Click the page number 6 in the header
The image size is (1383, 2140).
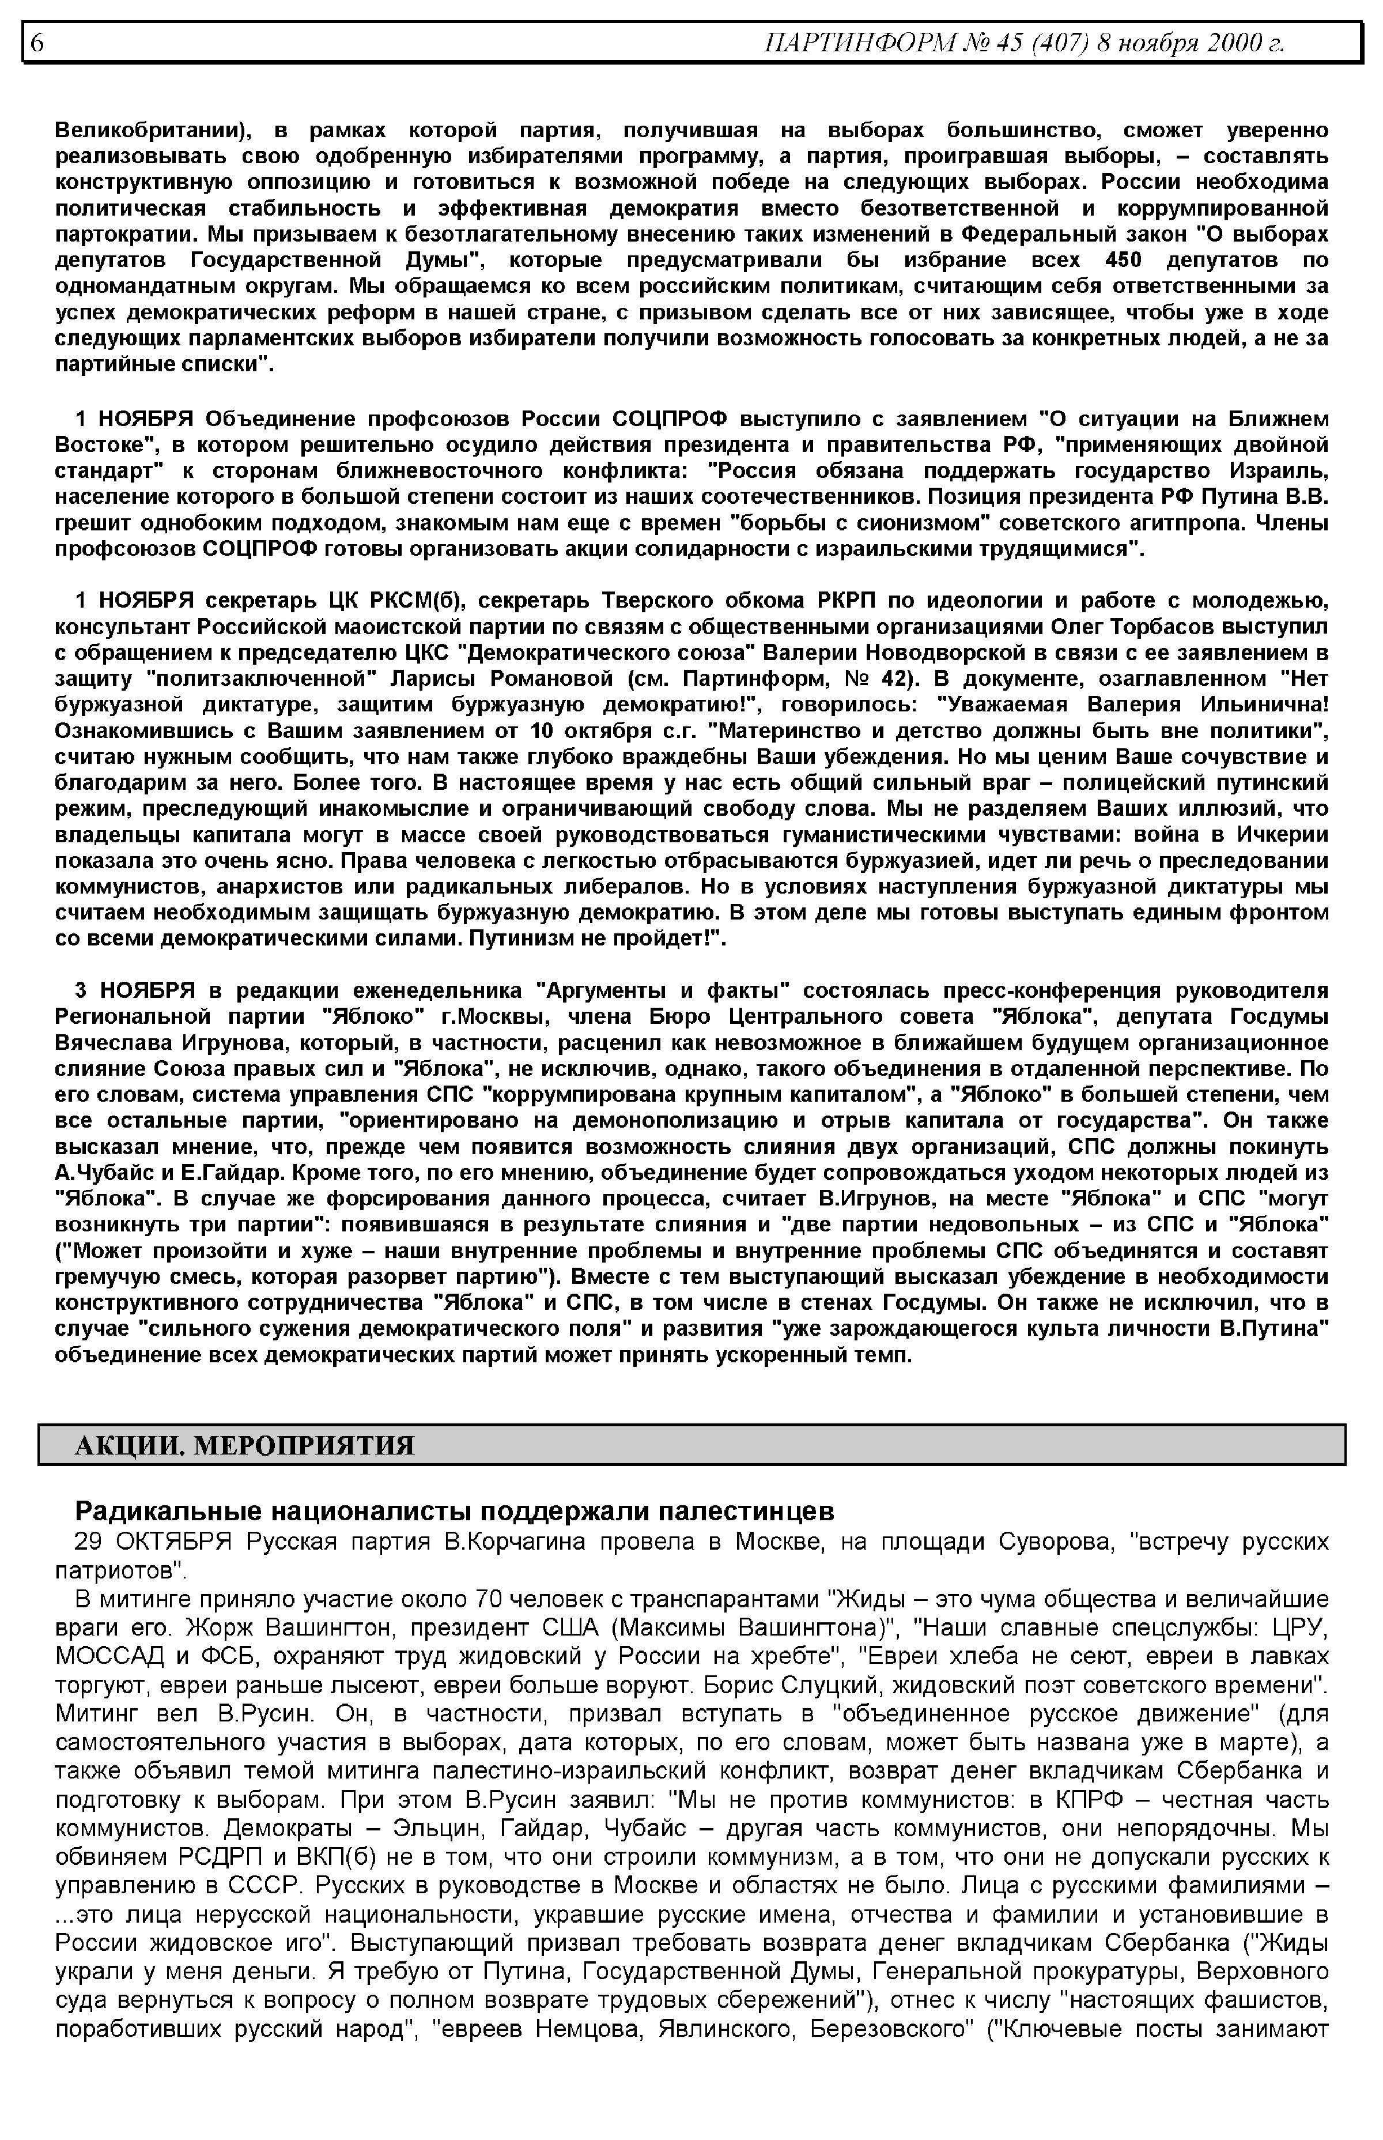coord(37,42)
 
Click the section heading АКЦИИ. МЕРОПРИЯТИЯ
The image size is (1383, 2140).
coord(244,1445)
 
